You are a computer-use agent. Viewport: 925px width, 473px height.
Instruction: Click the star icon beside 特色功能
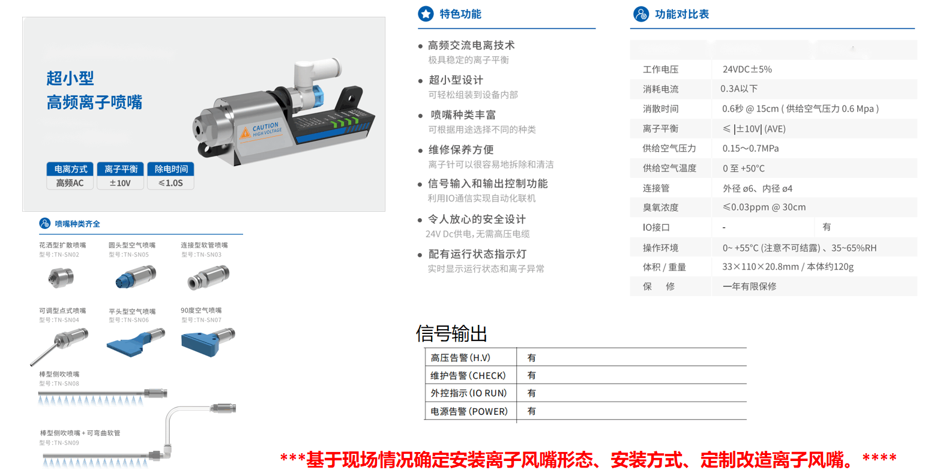[x=426, y=14]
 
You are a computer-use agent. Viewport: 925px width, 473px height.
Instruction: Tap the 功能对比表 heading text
[x=681, y=14]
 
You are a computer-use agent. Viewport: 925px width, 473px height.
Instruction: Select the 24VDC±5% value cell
[x=747, y=70]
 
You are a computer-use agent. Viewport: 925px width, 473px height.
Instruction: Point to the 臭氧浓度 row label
[x=660, y=207]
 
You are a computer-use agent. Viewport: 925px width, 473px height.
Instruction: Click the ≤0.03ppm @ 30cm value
[x=764, y=207]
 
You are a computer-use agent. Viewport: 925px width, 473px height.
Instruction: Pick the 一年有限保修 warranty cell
[x=749, y=287]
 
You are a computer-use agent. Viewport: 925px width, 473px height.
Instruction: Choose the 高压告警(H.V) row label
[x=460, y=358]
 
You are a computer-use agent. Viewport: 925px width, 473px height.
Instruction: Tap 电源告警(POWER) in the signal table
[x=469, y=411]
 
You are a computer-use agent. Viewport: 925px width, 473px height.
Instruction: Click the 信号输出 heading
[x=451, y=333]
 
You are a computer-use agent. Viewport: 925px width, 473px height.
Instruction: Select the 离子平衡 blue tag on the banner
[x=121, y=169]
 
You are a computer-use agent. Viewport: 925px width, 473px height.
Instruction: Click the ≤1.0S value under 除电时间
[x=171, y=183]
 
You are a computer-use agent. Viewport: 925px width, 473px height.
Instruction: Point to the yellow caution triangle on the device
[x=245, y=133]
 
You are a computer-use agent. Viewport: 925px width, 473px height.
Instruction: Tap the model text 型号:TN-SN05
[x=128, y=255]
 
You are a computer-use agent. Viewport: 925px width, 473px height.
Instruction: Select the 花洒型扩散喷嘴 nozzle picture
[x=59, y=277]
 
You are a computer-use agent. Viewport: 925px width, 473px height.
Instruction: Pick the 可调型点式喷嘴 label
[x=62, y=311]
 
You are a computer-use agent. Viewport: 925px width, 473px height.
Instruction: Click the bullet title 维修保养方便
[x=460, y=150]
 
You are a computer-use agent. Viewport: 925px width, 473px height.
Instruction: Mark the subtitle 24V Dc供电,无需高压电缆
[x=477, y=234]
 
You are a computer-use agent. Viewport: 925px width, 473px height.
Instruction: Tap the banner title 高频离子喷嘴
[x=94, y=103]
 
